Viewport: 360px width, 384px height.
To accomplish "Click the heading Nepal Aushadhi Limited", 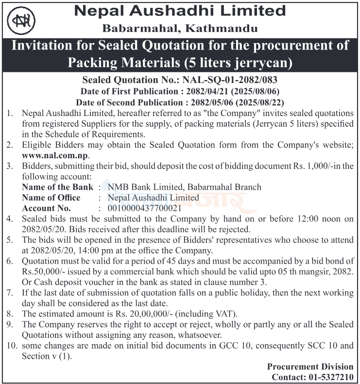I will coord(179,11).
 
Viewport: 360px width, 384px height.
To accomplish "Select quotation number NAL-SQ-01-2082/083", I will coord(229,80).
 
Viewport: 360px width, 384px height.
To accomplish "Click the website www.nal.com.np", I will coord(56,156).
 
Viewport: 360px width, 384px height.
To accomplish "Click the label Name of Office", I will coord(51,198).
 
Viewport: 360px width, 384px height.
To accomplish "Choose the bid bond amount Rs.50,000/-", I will coord(43,271).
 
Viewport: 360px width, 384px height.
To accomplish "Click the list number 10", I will coord(10,346).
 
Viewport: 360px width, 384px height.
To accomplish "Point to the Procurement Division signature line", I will coord(310,367).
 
